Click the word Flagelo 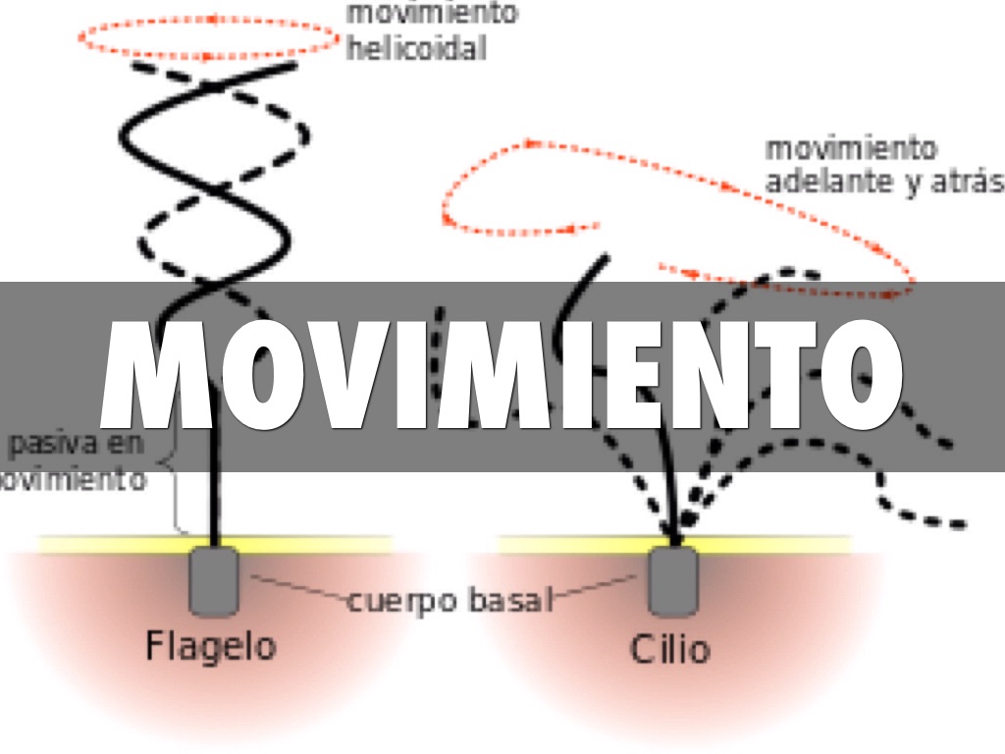tap(210, 646)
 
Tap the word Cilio tap(669, 649)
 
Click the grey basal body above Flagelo tap(214, 580)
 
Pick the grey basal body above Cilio tap(672, 580)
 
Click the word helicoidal tap(415, 48)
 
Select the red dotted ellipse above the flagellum tap(207, 37)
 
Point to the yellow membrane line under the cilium tap(766, 543)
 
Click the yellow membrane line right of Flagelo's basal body tap(314, 543)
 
